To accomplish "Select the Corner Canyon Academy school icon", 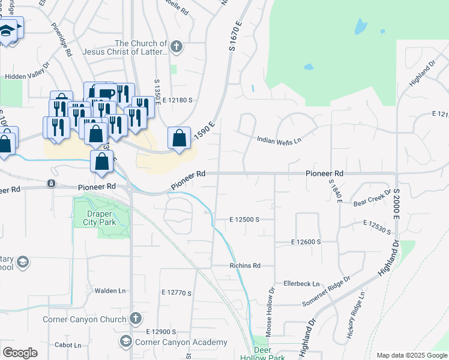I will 126,342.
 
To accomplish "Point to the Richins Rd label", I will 244,265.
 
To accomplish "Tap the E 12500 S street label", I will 244,220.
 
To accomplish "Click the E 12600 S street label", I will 306,241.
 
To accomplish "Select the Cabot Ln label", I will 68,345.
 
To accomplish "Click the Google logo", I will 20,353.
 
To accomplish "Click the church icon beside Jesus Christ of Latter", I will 176,46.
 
